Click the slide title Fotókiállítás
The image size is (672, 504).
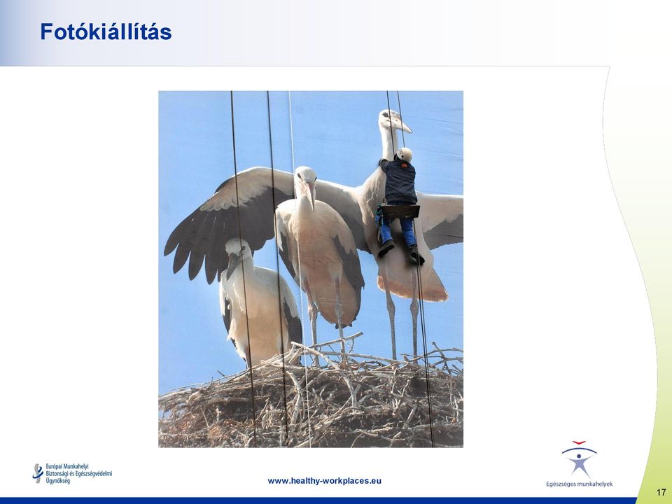(106, 32)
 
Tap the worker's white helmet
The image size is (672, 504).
(404, 154)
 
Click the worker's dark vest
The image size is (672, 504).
(400, 182)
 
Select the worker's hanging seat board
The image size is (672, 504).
(400, 211)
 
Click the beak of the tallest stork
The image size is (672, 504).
(401, 125)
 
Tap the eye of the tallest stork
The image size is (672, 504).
(384, 115)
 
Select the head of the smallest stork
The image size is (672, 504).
(237, 251)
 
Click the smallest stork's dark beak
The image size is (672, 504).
(232, 266)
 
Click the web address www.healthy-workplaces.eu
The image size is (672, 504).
(324, 481)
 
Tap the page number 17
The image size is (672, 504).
(661, 492)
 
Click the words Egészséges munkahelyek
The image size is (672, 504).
(579, 484)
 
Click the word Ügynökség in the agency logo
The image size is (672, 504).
(58, 482)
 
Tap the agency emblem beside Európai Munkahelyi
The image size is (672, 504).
(38, 473)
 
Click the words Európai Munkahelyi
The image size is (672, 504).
(67, 466)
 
